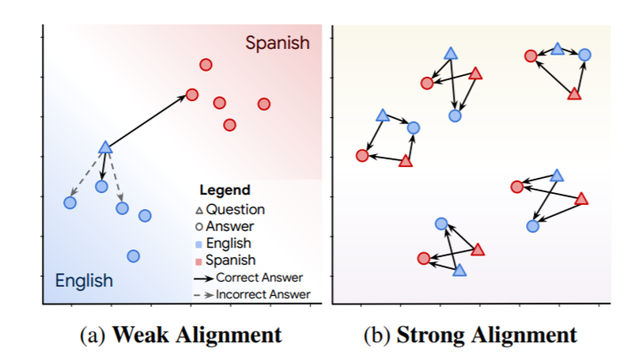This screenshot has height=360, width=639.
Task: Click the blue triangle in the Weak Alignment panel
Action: [x=105, y=147]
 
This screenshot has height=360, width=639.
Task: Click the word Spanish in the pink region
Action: [x=277, y=43]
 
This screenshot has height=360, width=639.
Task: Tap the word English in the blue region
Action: [x=84, y=280]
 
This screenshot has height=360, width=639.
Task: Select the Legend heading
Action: [x=225, y=190]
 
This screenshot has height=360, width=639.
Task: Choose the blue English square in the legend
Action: [x=200, y=244]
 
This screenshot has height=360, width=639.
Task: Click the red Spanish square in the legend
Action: [x=200, y=260]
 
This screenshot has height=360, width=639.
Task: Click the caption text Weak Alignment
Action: [x=197, y=335]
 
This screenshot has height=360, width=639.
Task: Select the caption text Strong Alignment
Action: [x=486, y=335]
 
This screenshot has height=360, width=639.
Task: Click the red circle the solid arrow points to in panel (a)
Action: [x=191, y=95]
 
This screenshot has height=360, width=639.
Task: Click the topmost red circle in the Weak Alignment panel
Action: [x=206, y=64]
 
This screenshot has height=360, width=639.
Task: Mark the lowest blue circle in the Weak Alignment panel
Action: [x=134, y=256]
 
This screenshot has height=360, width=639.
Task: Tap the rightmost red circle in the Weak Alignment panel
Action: [x=264, y=104]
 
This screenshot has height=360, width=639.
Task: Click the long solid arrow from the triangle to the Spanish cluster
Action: [x=149, y=121]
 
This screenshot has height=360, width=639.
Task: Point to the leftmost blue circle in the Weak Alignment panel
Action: [x=70, y=203]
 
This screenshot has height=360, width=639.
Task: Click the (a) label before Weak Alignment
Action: [x=94, y=335]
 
